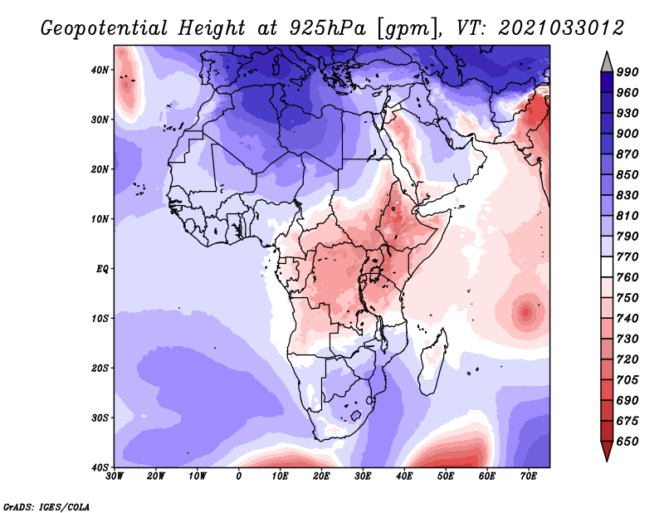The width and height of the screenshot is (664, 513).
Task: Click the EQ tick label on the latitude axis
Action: (x=101, y=268)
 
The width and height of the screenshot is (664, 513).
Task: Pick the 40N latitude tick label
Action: (x=100, y=70)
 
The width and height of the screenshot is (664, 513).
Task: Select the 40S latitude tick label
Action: (x=100, y=467)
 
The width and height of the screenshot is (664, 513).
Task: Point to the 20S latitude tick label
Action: (x=100, y=368)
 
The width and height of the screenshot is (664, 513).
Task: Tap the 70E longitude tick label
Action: (x=528, y=477)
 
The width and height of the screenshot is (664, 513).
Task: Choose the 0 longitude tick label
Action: (x=239, y=477)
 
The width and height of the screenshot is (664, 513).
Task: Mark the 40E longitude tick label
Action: (x=404, y=477)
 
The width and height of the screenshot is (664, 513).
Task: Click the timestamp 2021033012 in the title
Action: (x=561, y=28)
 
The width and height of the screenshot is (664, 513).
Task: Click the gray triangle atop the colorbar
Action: (x=606, y=61)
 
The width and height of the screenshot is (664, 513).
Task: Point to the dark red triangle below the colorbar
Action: (x=606, y=452)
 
